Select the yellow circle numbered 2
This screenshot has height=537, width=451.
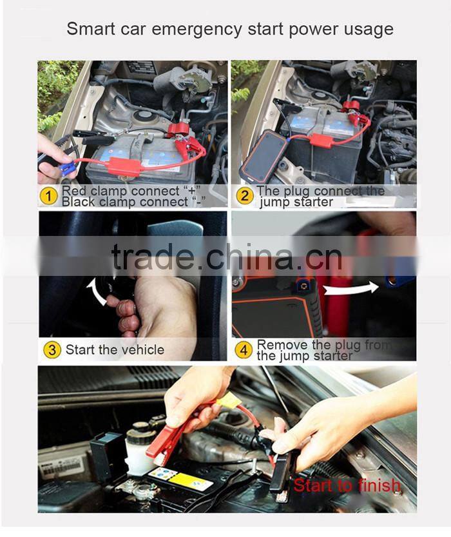244,195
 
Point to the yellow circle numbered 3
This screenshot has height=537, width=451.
52,350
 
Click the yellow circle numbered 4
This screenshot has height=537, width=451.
244,350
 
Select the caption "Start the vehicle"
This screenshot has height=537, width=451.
115,350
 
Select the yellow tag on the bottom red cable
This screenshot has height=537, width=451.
229,400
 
